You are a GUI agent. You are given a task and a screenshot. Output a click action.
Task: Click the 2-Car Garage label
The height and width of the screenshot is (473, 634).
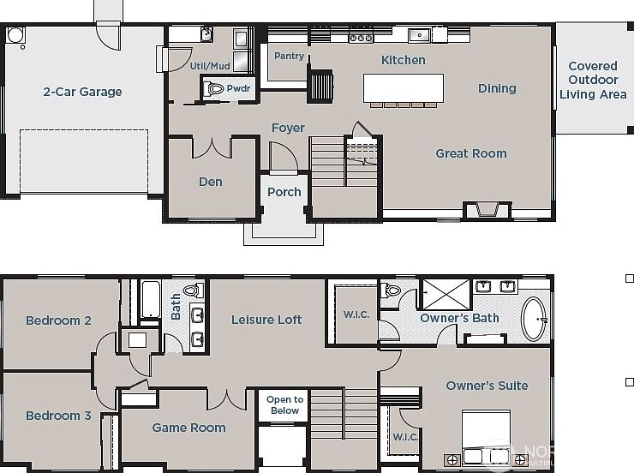coord(82,92)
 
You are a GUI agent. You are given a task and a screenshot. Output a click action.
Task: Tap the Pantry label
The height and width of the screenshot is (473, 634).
coord(289,57)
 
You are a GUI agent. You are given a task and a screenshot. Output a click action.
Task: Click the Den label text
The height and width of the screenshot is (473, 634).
coord(211,182)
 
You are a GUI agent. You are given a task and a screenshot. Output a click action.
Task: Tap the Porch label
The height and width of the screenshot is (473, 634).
coord(284,192)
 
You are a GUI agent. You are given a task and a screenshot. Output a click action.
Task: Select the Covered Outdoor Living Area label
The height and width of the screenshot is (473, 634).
coord(593,80)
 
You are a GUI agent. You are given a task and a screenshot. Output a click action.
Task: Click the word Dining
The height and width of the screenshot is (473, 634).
coord(497,88)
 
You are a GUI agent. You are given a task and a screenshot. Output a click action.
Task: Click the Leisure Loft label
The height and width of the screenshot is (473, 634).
coord(266,320)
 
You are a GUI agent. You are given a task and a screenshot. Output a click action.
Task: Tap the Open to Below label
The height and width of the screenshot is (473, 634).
coord(284,404)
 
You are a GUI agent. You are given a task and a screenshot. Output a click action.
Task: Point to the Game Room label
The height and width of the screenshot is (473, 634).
coord(188,428)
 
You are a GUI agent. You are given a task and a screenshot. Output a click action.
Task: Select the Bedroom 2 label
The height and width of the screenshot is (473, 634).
coord(58,320)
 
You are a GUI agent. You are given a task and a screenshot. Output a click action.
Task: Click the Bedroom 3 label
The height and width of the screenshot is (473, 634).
coord(58,416)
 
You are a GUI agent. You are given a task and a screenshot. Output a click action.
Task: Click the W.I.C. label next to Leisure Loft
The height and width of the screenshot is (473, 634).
coord(356,314)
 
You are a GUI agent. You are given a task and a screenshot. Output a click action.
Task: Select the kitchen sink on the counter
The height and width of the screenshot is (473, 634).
coord(419,35)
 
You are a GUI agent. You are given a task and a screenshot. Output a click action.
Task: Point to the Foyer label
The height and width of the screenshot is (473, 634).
coord(288,128)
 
